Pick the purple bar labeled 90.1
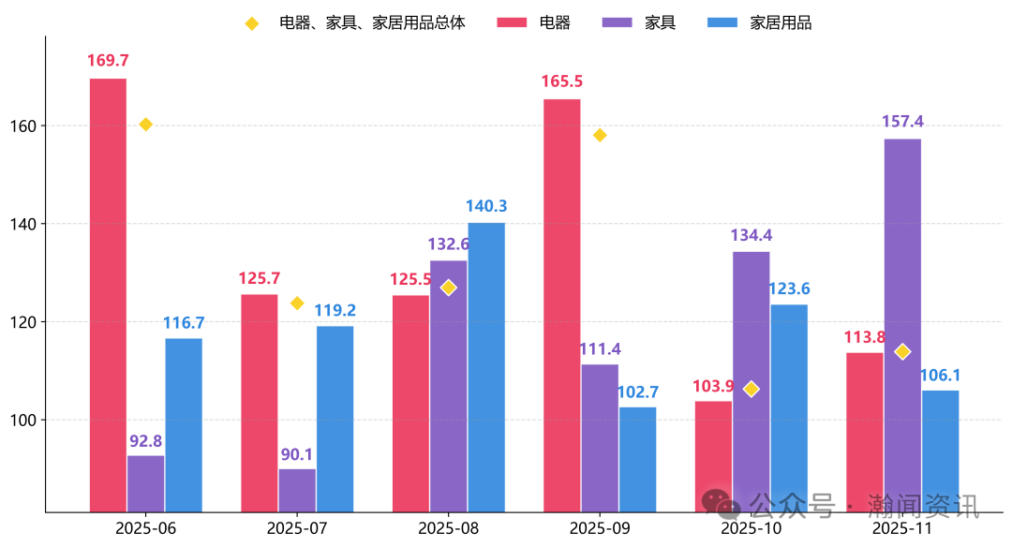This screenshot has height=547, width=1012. click(x=297, y=490)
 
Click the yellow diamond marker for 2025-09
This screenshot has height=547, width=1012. click(x=600, y=135)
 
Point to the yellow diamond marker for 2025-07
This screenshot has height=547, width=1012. click(x=297, y=303)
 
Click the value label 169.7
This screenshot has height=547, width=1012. click(x=108, y=61)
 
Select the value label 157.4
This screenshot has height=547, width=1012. click(x=902, y=122)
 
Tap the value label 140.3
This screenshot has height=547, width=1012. click(x=486, y=206)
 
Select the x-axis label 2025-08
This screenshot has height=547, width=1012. click(x=448, y=527)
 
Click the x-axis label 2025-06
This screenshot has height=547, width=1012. click(x=145, y=527)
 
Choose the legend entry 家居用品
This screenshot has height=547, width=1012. click(x=781, y=22)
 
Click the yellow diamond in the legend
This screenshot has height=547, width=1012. click(x=251, y=23)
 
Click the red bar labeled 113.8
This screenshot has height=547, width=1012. click(x=865, y=432)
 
